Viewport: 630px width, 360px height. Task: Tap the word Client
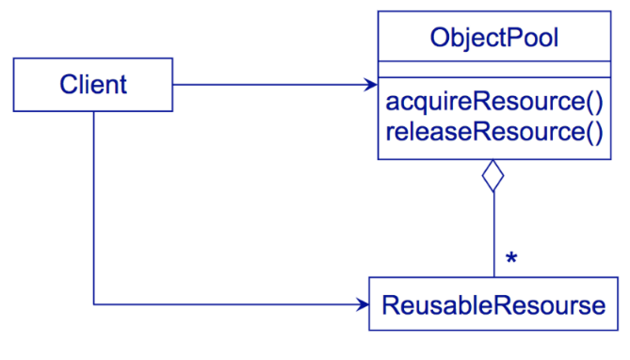(x=93, y=85)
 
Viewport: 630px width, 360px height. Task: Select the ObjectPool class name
(x=494, y=39)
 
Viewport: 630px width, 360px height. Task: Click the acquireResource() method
(x=494, y=102)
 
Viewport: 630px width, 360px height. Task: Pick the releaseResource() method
(x=494, y=132)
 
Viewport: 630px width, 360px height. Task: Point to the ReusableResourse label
(x=493, y=305)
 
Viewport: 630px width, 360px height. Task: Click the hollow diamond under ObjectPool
(x=493, y=176)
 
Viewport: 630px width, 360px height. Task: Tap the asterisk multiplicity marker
(x=511, y=258)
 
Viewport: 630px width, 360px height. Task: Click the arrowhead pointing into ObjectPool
(x=370, y=85)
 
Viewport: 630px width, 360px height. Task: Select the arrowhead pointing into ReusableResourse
(x=362, y=304)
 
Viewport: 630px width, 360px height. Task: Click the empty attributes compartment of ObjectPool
(x=494, y=69)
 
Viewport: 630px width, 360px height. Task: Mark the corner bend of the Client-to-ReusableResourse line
(x=93, y=304)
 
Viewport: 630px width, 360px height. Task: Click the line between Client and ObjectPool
(x=275, y=85)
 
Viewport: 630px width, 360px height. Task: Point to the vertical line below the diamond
(x=493, y=235)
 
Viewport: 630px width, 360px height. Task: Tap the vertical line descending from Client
(x=93, y=208)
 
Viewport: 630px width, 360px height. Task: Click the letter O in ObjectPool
(x=441, y=38)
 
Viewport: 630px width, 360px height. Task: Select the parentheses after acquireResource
(x=594, y=102)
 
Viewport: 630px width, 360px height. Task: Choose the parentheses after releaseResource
(x=594, y=132)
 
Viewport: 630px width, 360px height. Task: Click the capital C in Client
(x=69, y=85)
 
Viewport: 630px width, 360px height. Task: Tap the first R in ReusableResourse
(x=391, y=305)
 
